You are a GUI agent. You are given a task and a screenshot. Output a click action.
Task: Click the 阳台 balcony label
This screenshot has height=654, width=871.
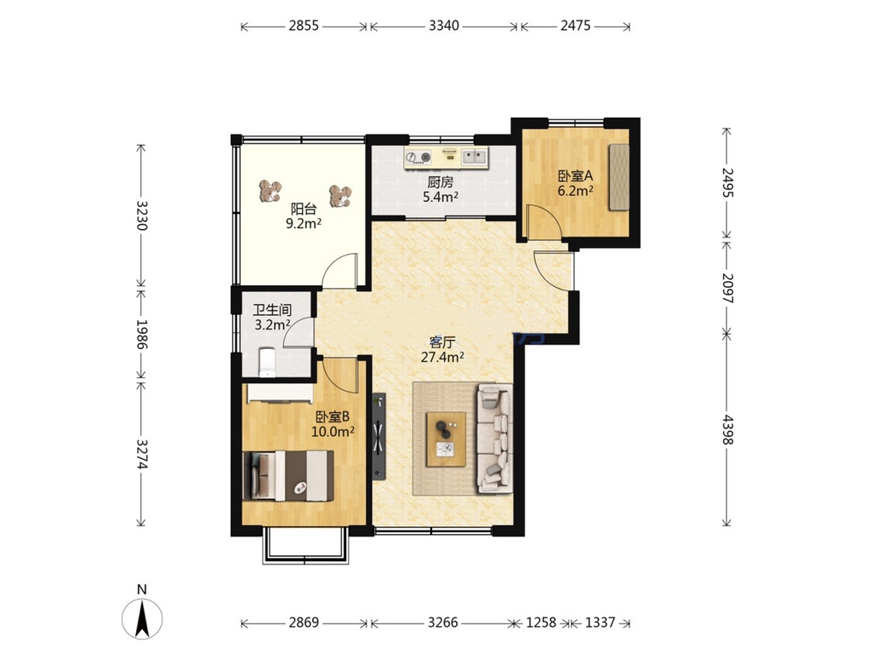[x=304, y=209]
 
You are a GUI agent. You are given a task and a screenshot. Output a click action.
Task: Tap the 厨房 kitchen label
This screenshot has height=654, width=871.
[x=441, y=182]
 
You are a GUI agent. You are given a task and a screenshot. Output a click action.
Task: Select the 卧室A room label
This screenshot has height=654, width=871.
[x=576, y=176]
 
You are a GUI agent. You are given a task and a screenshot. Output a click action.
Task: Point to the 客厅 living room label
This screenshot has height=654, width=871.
[x=442, y=342]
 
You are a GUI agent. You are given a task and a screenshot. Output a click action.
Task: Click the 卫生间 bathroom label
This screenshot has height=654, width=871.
[x=272, y=310]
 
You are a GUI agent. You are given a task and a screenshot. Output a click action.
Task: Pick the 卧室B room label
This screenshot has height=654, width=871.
[x=333, y=416]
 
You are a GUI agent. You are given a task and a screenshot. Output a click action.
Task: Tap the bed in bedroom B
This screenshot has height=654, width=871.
[x=288, y=475]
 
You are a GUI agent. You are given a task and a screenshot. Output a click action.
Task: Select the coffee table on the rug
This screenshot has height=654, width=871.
[x=446, y=439]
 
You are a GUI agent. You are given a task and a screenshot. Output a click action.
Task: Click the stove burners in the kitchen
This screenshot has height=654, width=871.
[x=418, y=158]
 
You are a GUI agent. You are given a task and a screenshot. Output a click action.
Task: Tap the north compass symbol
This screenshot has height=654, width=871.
[x=142, y=618]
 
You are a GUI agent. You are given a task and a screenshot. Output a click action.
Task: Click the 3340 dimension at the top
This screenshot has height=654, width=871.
[x=444, y=26]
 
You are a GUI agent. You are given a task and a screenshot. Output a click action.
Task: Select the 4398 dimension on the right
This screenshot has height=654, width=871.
[x=727, y=429]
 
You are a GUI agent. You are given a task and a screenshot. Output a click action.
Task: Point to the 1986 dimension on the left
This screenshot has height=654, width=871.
[x=142, y=334]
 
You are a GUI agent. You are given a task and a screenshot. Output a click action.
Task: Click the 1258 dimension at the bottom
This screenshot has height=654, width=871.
[x=541, y=622]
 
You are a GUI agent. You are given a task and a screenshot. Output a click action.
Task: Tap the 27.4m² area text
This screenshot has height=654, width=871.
[x=442, y=357]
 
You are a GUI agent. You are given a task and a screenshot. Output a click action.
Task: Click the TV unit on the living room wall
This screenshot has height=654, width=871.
[x=379, y=436]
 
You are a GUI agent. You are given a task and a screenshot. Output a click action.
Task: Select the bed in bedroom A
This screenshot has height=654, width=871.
[x=619, y=177]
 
